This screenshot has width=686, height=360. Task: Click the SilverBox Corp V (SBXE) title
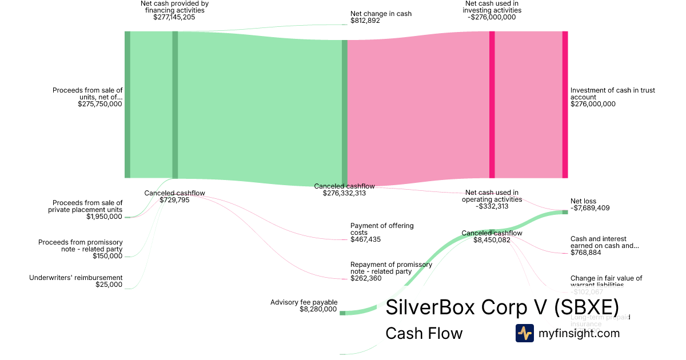click(x=502, y=307)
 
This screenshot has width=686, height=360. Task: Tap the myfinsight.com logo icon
click(x=524, y=333)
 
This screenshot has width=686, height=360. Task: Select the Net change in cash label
click(x=381, y=14)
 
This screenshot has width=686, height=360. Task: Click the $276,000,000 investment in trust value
click(x=593, y=104)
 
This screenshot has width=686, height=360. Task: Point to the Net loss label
click(x=583, y=201)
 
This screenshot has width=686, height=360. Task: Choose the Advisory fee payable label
click(x=304, y=302)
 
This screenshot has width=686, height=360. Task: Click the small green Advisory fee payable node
click(x=342, y=313)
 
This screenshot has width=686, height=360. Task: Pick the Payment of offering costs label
click(x=382, y=229)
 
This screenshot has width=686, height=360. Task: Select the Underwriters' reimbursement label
click(x=76, y=278)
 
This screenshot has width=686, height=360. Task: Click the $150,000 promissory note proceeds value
click(x=107, y=256)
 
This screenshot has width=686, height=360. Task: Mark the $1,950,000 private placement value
click(x=104, y=217)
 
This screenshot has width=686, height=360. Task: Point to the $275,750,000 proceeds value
click(x=99, y=104)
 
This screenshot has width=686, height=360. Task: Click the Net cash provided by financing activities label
click(x=174, y=7)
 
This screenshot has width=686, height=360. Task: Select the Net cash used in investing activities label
click(x=492, y=7)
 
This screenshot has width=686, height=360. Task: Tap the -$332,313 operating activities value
click(x=492, y=206)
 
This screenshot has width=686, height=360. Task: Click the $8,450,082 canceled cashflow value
click(x=492, y=240)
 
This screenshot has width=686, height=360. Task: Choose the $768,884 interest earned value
click(x=585, y=253)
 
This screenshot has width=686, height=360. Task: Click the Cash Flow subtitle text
click(x=424, y=333)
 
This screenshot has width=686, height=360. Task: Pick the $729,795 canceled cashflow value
click(x=174, y=200)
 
